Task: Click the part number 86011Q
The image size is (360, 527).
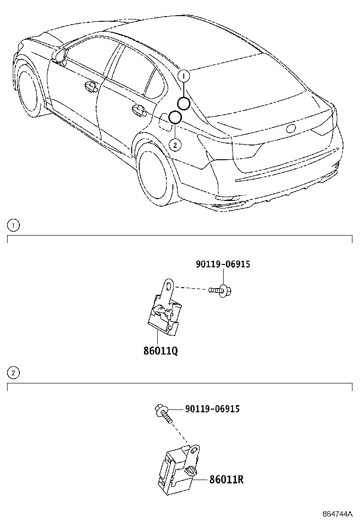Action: (x=161, y=351)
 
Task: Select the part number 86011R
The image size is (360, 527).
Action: (x=226, y=479)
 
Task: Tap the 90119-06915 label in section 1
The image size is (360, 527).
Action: (x=223, y=264)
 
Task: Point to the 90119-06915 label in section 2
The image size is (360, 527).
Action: (x=212, y=409)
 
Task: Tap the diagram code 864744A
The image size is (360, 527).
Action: (x=338, y=514)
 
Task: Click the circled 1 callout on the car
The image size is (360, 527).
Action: (x=184, y=75)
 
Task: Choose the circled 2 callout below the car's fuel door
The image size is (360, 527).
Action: (x=175, y=145)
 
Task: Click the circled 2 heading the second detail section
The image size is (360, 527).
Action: (x=14, y=373)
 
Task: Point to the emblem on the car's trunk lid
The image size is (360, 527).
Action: (x=290, y=128)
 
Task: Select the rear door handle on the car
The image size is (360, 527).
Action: (x=139, y=110)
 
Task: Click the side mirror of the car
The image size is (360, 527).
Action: (x=59, y=55)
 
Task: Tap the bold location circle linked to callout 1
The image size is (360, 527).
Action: (x=184, y=103)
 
